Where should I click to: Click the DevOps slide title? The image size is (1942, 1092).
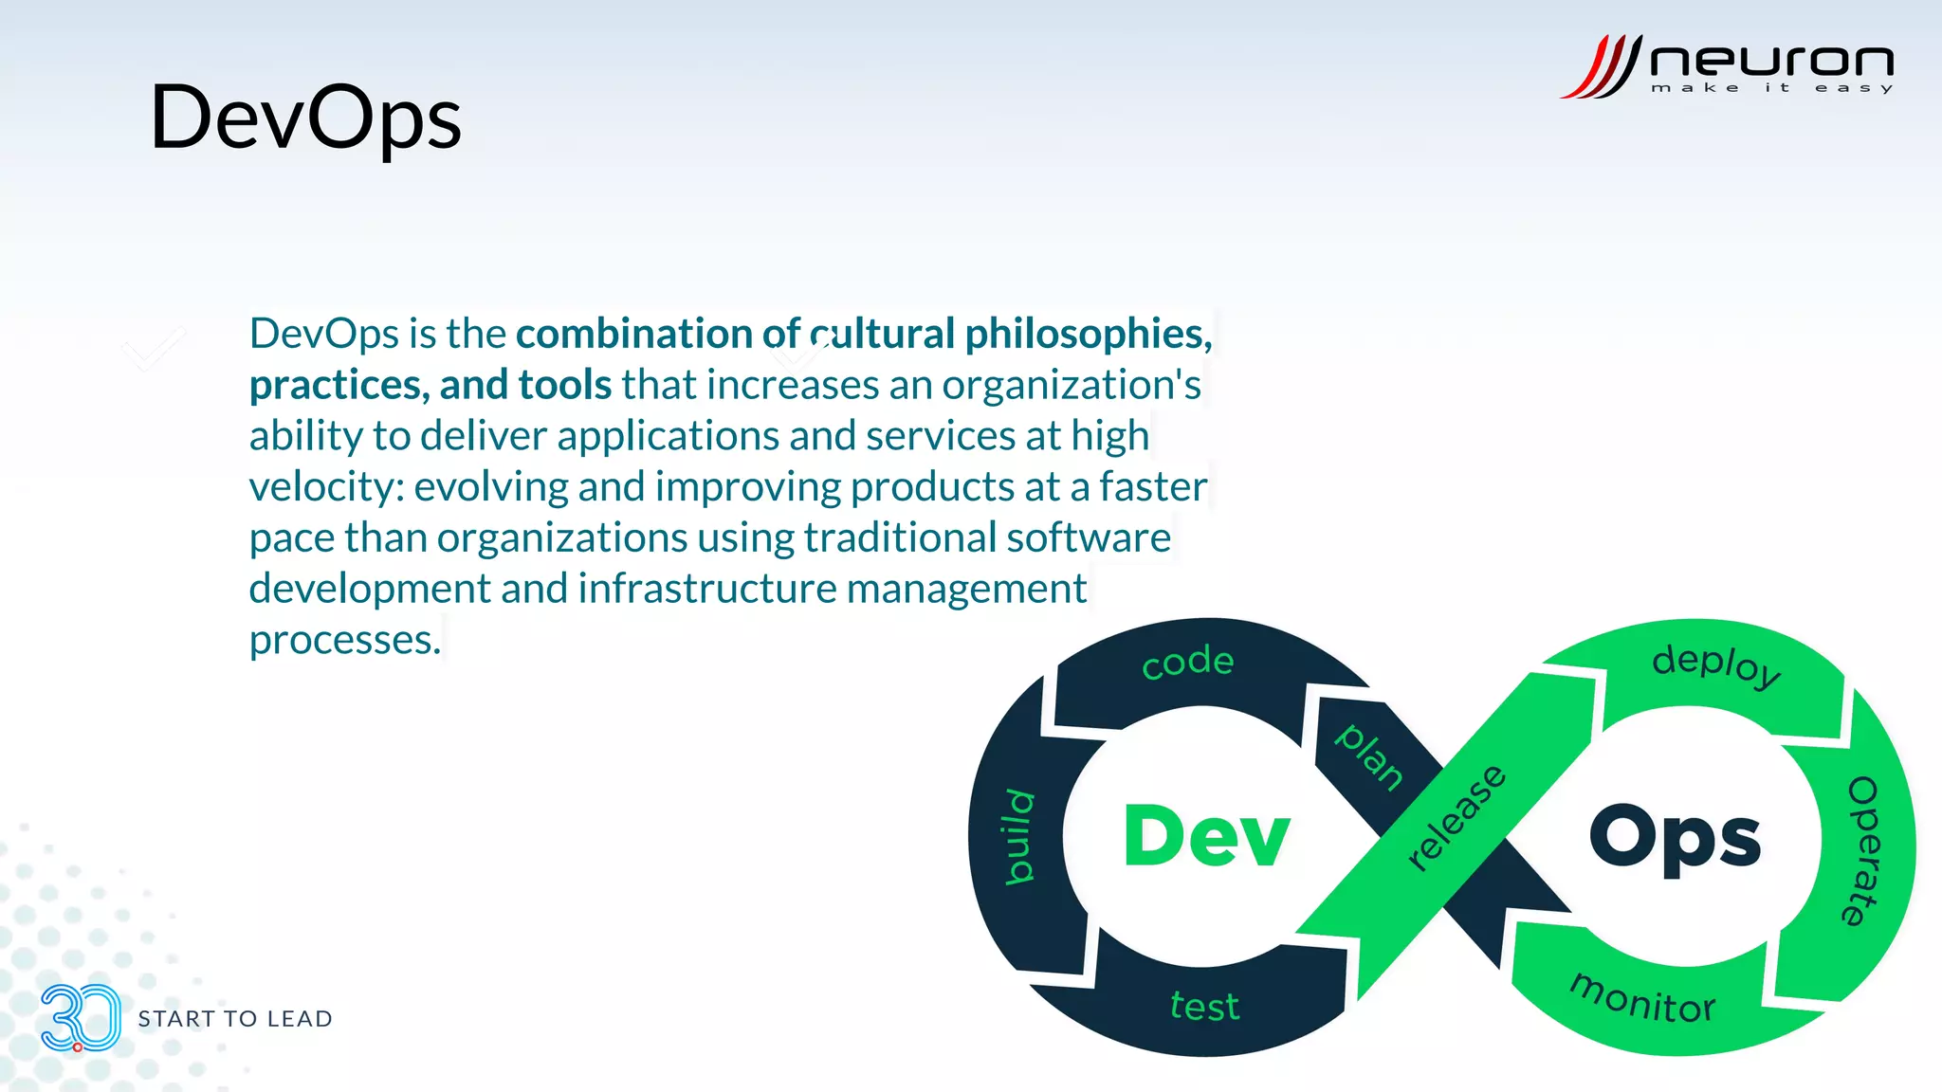click(305, 118)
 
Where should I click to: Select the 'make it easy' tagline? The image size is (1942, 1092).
click(1771, 88)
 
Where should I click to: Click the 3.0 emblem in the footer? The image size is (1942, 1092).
click(81, 1018)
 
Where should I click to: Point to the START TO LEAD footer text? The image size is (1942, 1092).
click(235, 1019)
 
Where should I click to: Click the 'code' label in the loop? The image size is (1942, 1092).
click(1188, 662)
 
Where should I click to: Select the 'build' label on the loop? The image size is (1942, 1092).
click(1019, 836)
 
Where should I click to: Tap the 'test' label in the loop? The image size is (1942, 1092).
click(1204, 1006)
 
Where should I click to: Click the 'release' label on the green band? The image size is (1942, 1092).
click(1456, 817)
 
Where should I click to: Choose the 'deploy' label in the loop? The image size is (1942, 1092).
click(1716, 665)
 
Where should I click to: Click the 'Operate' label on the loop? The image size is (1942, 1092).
click(1863, 850)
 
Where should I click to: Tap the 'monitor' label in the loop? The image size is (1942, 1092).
click(1643, 999)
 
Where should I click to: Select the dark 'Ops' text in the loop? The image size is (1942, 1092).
click(1675, 838)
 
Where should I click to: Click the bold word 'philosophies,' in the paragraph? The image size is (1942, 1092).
click(1089, 334)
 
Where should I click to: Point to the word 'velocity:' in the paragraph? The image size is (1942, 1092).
click(327, 487)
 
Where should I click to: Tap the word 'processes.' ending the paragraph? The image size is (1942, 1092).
click(345, 641)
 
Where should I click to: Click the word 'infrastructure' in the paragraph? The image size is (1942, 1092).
click(707, 589)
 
